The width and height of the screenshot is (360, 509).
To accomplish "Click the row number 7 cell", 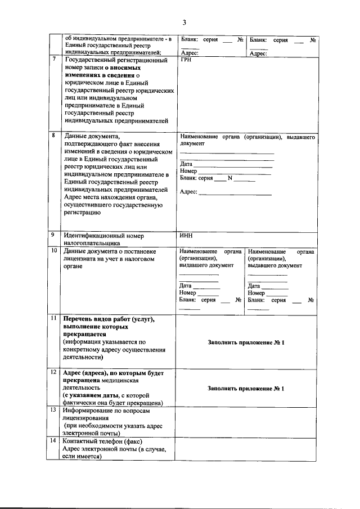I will pos(54,60).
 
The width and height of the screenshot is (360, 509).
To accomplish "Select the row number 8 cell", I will pos(54,136).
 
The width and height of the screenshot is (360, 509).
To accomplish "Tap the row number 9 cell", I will pos(54,235).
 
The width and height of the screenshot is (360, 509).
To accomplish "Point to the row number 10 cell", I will pos(54,251).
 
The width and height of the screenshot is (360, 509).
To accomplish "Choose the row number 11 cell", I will pos(54,319).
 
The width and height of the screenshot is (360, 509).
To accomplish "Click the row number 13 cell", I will pos(54,411).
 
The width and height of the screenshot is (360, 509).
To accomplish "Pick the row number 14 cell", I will pos(54,442).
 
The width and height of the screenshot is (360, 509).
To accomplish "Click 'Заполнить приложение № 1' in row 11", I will pos(246,343).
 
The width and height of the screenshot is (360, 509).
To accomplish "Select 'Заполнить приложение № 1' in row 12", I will pos(246,389).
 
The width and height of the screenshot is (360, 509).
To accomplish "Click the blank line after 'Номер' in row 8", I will pos(234,172).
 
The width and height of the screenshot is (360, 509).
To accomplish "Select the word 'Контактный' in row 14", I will pos(82,442).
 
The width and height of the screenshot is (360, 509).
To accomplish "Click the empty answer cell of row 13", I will pos(246,422).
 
